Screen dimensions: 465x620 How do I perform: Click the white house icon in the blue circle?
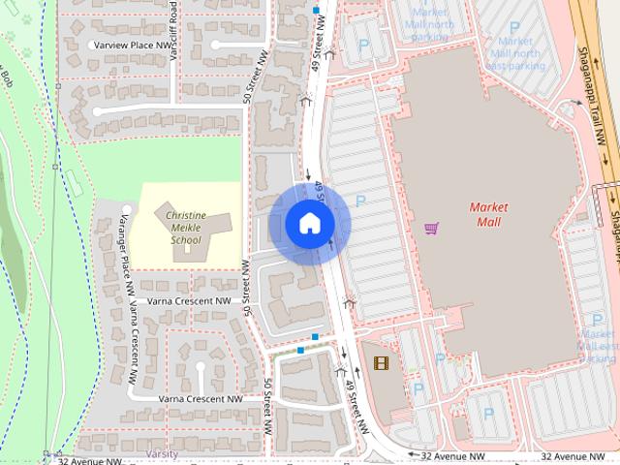[309, 223]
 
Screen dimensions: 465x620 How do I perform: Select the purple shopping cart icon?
[431, 229]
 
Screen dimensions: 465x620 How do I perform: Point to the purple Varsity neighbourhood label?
[162, 453]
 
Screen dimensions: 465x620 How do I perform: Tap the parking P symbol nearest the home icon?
[360, 201]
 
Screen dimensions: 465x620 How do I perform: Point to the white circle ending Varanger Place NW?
[127, 208]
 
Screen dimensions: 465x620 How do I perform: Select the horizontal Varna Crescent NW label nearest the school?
[190, 301]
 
